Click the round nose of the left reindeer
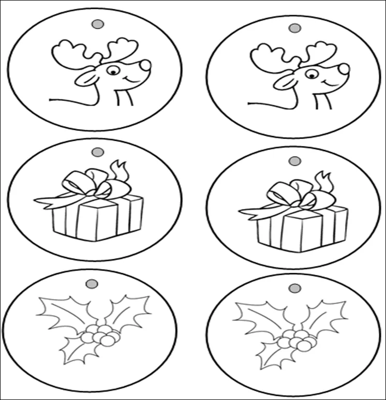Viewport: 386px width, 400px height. (x=146, y=65)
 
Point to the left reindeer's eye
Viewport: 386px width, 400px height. (x=112, y=71)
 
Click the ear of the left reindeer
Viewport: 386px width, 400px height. (x=85, y=78)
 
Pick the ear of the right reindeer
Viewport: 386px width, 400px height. (x=283, y=82)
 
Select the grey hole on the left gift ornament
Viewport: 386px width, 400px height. (x=97, y=153)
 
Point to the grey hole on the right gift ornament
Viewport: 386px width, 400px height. (x=294, y=161)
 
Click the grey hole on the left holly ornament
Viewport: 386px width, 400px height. (x=92, y=284)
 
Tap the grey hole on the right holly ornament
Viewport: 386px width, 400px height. (x=294, y=288)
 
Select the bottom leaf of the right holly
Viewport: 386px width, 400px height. (x=269, y=357)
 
